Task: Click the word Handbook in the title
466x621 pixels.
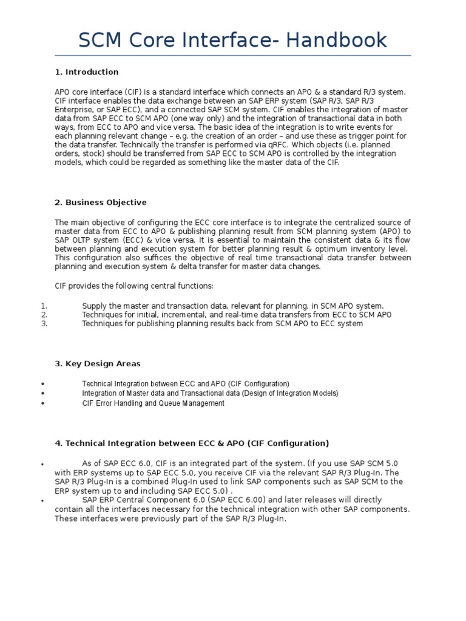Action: (x=328, y=40)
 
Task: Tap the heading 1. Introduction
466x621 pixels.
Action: (x=86, y=72)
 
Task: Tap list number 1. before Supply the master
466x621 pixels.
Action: (x=43, y=306)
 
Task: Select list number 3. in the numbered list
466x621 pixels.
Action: (x=43, y=324)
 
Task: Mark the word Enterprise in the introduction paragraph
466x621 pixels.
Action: (x=75, y=109)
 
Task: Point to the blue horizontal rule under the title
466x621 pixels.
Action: (x=233, y=56)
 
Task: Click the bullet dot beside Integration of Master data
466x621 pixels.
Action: (x=42, y=394)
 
